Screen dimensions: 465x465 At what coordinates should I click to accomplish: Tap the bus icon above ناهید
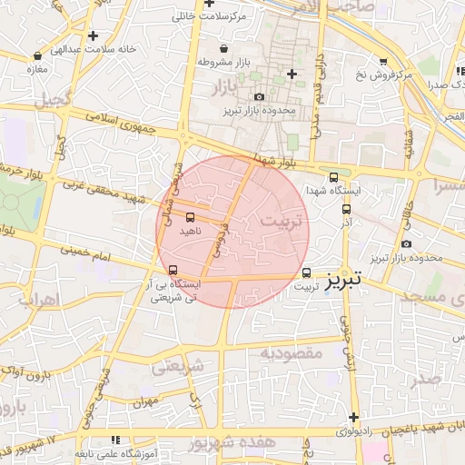pyautogui.click(x=190, y=217)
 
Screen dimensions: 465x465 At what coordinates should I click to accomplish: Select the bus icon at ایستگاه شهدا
pyautogui.click(x=334, y=178)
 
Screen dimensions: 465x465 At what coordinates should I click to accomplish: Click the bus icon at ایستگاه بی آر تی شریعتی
pyautogui.click(x=173, y=270)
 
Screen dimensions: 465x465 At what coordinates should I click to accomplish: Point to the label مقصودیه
pyautogui.click(x=292, y=351)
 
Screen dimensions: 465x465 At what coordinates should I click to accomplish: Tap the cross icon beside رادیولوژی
pyautogui.click(x=353, y=417)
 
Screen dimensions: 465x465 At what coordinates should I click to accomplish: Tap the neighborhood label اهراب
pyautogui.click(x=36, y=299)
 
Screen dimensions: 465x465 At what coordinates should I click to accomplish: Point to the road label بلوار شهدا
pyautogui.click(x=276, y=161)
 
